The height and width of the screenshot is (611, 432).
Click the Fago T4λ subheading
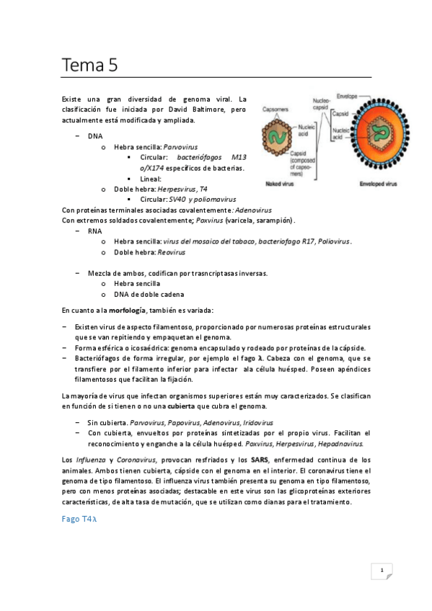point(83,519)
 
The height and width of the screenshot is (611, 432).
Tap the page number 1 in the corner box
point(381,571)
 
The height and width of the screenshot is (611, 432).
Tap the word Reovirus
point(170,252)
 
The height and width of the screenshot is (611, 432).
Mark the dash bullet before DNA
point(77,135)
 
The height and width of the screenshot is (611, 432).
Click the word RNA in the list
point(94,231)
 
